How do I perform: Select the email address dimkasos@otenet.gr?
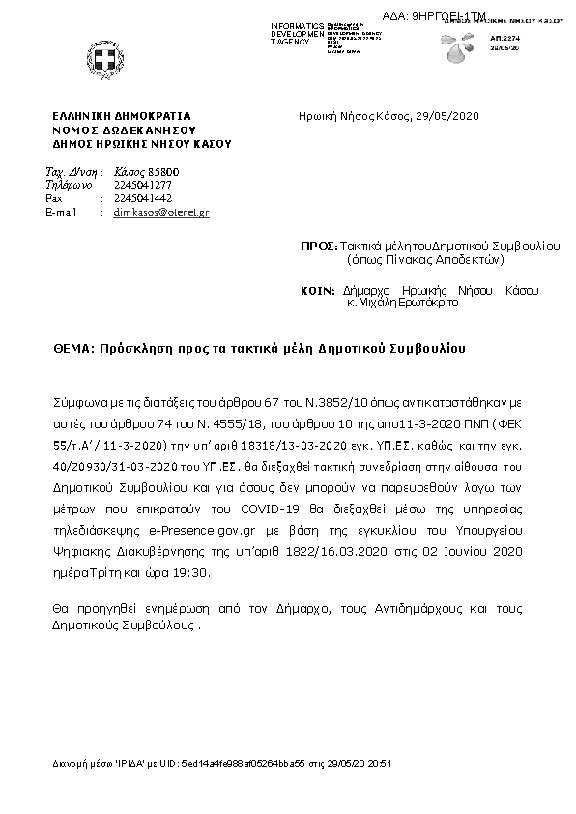161,212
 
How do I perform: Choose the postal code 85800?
163,172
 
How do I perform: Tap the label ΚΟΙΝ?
320,290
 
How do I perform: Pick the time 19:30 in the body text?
191,572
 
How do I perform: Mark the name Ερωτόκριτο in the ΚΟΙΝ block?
429,302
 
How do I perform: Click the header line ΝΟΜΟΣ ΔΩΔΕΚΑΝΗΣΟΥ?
125,129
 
